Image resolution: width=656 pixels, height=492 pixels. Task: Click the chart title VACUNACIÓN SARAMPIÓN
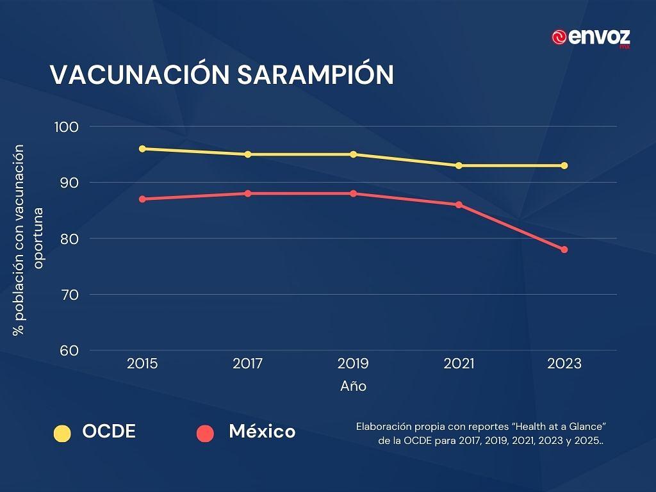[x=222, y=75]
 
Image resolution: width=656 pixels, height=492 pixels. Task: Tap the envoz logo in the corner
[x=591, y=38]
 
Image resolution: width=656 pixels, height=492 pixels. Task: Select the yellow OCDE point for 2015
[x=142, y=149]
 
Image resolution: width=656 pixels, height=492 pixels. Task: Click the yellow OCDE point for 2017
[x=248, y=154]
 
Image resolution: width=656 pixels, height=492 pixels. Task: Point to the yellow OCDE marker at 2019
[x=353, y=154]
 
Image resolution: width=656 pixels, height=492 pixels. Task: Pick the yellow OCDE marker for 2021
[x=459, y=165]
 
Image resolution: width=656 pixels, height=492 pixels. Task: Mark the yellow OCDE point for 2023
[x=564, y=165]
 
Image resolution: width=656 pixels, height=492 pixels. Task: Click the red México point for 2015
[x=142, y=199]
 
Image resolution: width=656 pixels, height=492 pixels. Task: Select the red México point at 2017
[x=248, y=193]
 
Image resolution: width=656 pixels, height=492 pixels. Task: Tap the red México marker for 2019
[x=353, y=193]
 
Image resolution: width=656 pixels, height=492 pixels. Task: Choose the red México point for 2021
[x=459, y=204]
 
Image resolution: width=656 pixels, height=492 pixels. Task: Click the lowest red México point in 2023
[x=564, y=249]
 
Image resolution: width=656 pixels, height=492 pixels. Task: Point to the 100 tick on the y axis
[x=67, y=127]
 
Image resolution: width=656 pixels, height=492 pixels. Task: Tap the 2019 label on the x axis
[x=353, y=364]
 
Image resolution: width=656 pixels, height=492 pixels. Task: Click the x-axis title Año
[x=353, y=386]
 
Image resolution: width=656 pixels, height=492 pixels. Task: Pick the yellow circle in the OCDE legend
[x=62, y=433]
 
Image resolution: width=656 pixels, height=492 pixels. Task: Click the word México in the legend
[x=262, y=432]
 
